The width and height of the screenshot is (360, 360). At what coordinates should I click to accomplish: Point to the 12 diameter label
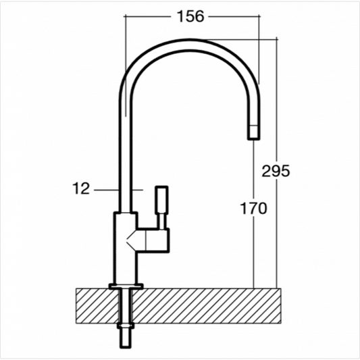pos(81,190)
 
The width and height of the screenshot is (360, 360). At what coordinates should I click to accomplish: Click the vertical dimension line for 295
pos(278,101)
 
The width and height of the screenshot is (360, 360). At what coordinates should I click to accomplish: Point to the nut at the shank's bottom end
pos(126,338)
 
